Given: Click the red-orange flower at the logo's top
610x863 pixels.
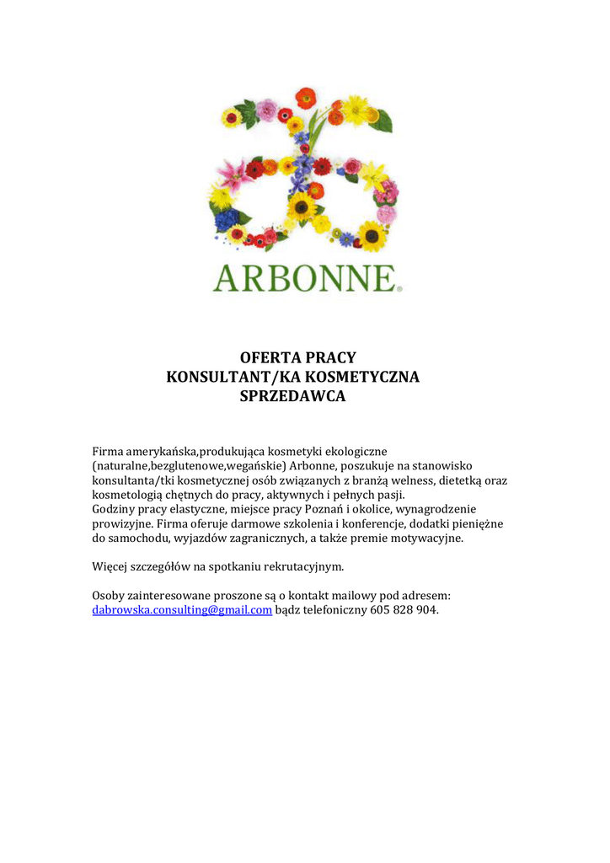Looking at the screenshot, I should pos(306,97).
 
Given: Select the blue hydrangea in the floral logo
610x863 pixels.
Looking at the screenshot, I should pos(226,221).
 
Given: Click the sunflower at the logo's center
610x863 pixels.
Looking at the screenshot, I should pos(302,206).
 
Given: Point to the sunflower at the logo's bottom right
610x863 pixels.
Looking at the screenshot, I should pos(371,235).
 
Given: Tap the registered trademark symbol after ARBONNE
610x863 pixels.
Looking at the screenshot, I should pos(399,288).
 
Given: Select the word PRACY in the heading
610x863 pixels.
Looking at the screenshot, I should pos(334,358).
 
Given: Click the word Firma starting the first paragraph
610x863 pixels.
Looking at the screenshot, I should pos(107,451).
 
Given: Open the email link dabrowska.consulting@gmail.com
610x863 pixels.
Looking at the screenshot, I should pos(182,610).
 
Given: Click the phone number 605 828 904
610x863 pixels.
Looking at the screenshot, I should pos(404,610).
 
